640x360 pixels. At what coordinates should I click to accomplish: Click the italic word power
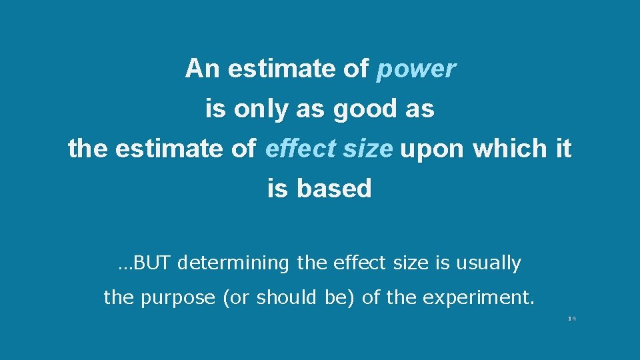coord(416,69)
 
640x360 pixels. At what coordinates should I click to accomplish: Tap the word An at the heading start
coord(202,68)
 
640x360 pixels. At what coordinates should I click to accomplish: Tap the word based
coord(334,189)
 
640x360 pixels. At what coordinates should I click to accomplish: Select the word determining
coord(234,263)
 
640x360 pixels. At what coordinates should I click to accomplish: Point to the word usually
coord(488,263)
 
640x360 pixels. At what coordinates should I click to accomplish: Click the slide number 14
coord(571,318)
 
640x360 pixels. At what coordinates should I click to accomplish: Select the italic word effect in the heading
coord(294,149)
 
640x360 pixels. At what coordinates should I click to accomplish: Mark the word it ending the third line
coord(563,149)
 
